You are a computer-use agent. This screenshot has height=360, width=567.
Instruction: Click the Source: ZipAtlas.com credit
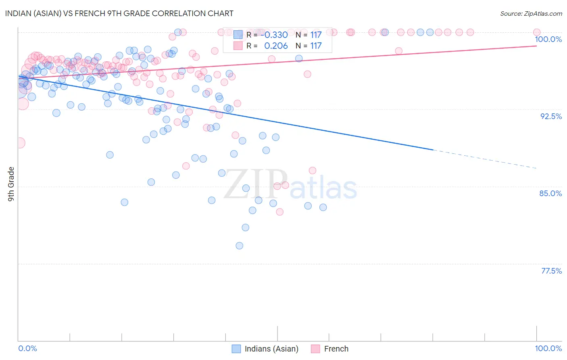pyautogui.click(x=531, y=14)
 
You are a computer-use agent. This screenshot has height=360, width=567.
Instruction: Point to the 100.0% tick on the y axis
pyautogui.click(x=548, y=39)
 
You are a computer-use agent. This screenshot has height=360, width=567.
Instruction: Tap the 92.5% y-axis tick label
pyautogui.click(x=550, y=116)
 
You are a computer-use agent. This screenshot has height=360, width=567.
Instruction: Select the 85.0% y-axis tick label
pyautogui.click(x=550, y=193)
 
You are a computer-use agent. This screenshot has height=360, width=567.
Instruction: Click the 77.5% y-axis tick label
pyautogui.click(x=551, y=271)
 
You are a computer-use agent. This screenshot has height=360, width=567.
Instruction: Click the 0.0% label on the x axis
pyautogui.click(x=27, y=348)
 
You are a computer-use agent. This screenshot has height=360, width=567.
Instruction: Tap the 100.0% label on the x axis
pyautogui.click(x=548, y=348)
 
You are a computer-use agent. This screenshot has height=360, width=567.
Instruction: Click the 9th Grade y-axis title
pyautogui.click(x=11, y=184)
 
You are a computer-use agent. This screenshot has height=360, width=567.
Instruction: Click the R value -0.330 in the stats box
pyautogui.click(x=276, y=35)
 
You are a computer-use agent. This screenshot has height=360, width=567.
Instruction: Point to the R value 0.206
pyautogui.click(x=276, y=46)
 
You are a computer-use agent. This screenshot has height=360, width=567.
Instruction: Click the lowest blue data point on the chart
pyautogui.click(x=239, y=245)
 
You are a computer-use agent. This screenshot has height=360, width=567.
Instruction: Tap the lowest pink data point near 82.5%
pyautogui.click(x=279, y=212)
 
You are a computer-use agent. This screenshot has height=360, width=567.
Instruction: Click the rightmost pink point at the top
pyautogui.click(x=536, y=32)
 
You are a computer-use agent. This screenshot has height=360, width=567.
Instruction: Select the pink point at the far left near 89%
pyautogui.click(x=19, y=142)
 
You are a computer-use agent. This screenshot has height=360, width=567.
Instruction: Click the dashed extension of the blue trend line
pyautogui.click(x=484, y=159)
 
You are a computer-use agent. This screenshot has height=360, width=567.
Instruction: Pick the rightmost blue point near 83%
pyautogui.click(x=323, y=207)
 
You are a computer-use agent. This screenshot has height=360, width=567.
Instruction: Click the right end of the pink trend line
pyautogui.click(x=536, y=46)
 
